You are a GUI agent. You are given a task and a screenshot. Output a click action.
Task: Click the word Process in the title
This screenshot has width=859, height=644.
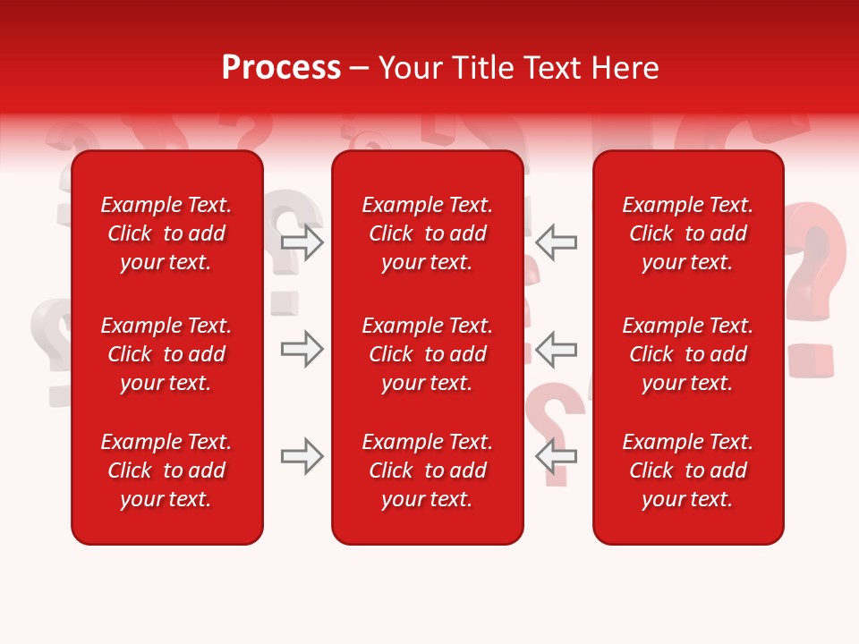[281, 68]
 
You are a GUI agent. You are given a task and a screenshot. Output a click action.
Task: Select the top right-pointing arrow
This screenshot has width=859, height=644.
[302, 242]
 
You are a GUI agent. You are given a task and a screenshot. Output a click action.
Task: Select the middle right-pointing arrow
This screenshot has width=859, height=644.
[302, 349]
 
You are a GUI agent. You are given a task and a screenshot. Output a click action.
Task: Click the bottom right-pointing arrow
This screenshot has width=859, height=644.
[302, 456]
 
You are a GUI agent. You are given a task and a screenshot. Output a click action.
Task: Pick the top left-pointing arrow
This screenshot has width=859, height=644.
[556, 242]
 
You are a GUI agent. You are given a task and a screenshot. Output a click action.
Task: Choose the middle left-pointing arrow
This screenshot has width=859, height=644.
[556, 349]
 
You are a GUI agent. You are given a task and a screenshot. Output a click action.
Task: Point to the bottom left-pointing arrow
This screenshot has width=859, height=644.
[556, 456]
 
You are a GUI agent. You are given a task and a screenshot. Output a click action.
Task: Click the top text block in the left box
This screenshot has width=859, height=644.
[166, 233]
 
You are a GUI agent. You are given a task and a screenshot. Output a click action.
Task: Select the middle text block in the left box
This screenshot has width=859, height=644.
[166, 354]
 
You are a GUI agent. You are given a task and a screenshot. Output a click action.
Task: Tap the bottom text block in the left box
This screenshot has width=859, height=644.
[166, 470]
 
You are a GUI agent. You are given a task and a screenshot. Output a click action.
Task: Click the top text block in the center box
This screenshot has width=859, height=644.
[428, 233]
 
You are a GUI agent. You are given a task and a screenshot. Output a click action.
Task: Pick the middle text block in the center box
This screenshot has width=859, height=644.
[428, 354]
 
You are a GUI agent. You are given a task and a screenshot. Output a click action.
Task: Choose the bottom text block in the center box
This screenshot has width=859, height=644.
[428, 470]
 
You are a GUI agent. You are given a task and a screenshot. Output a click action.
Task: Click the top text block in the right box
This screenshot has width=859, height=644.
[688, 233]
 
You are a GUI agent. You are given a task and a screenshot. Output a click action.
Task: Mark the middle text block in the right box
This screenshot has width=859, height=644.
[688, 354]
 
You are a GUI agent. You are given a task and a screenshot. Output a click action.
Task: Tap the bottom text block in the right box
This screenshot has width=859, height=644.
[688, 470]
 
